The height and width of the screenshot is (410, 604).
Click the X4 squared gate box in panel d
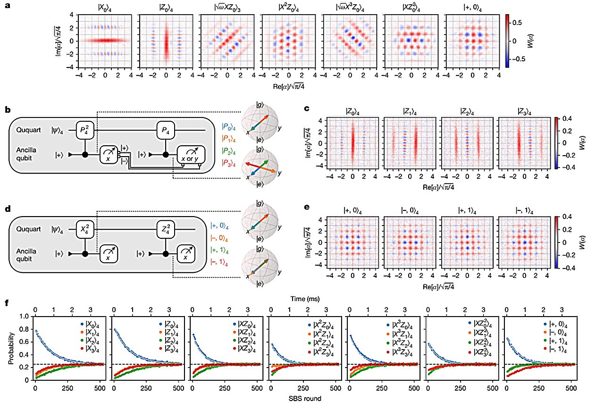[85, 230]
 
